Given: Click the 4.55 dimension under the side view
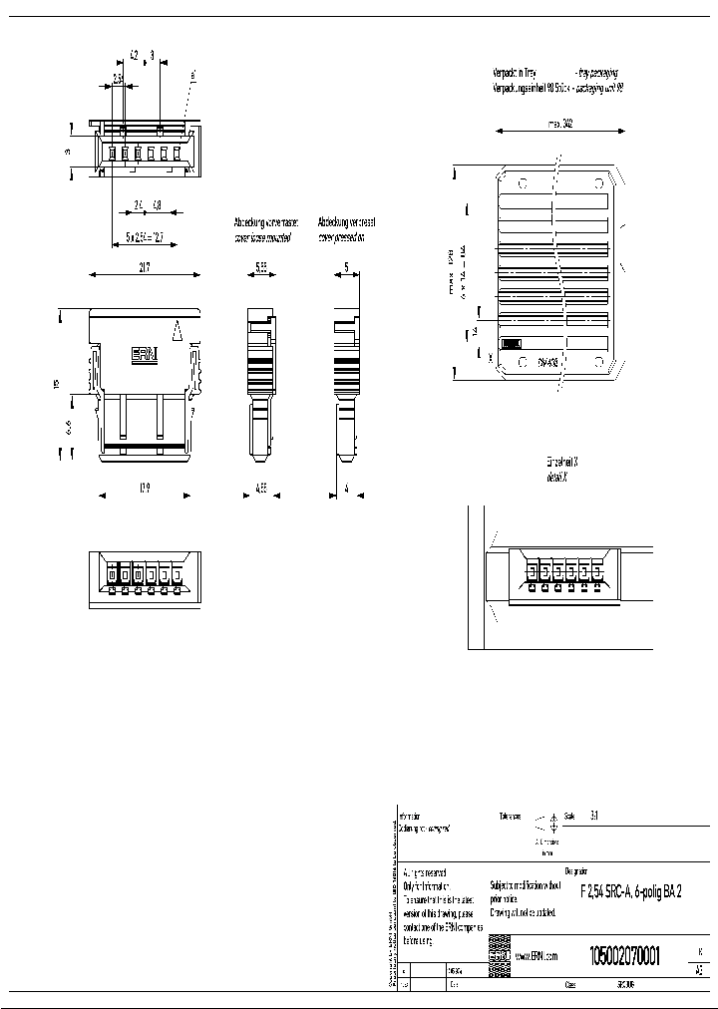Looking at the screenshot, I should coord(260,490).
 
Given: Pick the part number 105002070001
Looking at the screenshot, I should coord(624,954).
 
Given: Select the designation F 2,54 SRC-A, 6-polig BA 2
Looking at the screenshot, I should coord(631,891).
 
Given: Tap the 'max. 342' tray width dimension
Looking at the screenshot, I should coord(559,126).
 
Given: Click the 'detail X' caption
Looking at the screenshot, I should coord(557,479).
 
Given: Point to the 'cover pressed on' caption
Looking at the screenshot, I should coord(341,238).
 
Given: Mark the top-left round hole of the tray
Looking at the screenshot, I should coord(520,183).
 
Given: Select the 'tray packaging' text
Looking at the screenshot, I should coord(596,73).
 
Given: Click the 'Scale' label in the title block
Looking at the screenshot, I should coord(570,814).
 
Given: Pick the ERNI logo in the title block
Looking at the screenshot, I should coord(500,955).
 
